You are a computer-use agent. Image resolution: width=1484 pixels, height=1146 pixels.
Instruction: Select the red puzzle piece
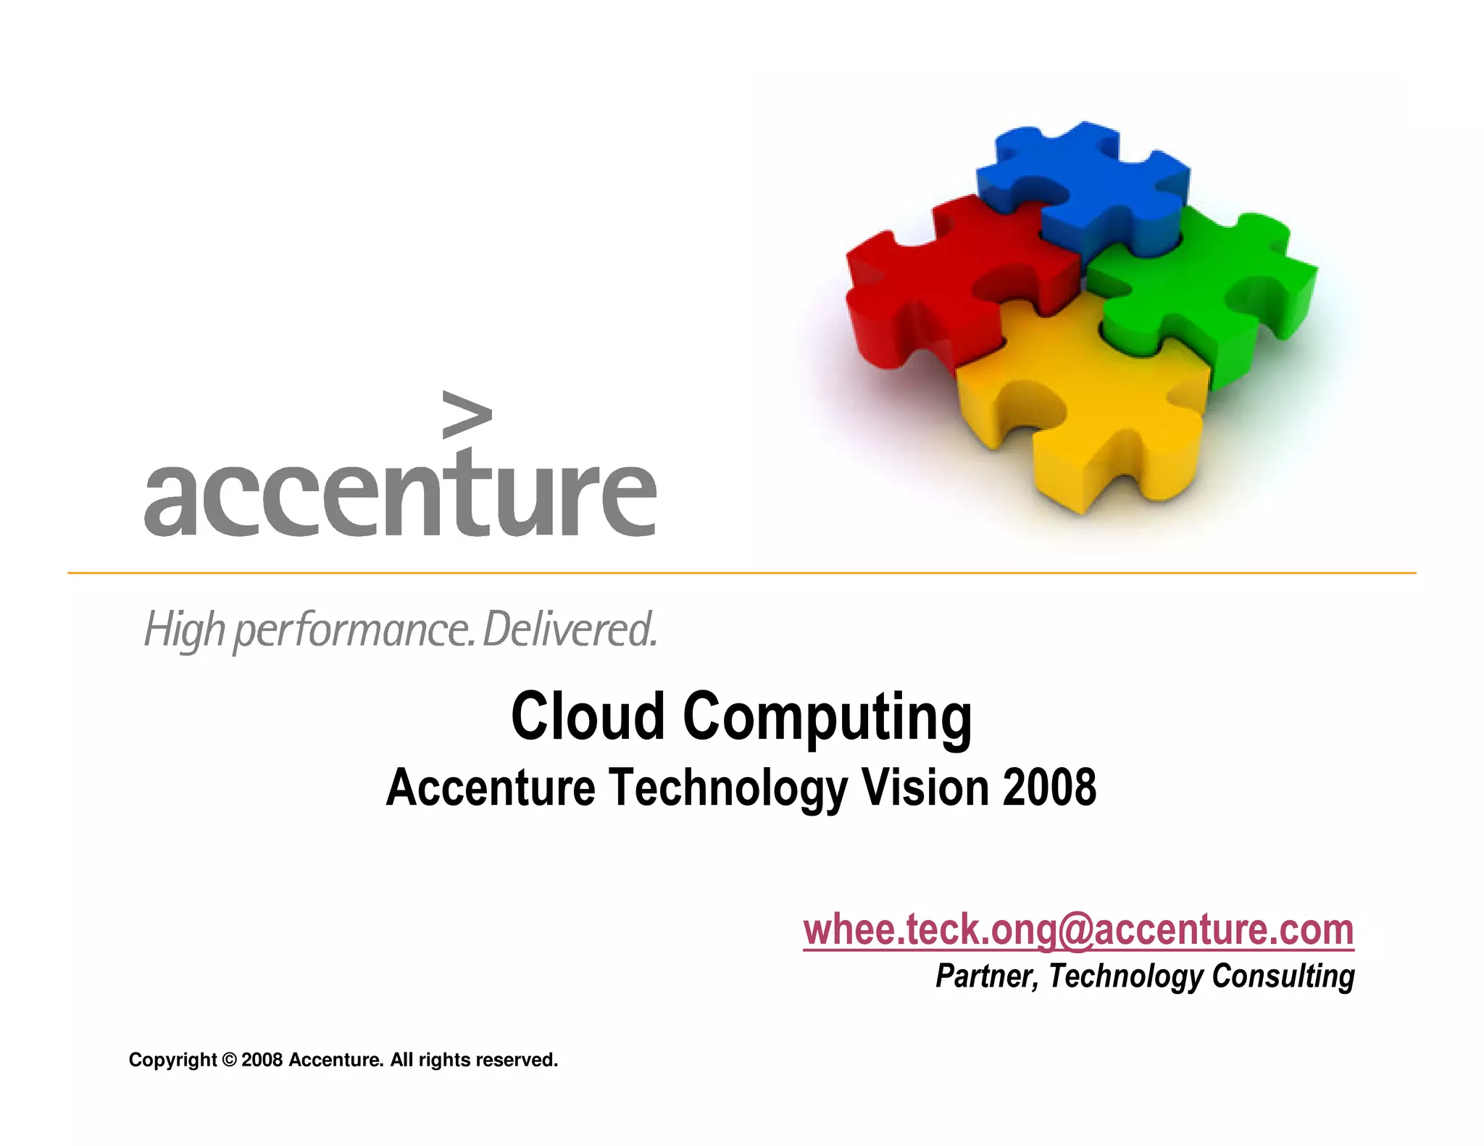click(935, 275)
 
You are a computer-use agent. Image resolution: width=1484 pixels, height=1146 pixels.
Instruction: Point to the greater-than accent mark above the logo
click(466, 414)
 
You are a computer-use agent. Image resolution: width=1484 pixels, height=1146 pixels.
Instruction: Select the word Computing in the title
click(827, 717)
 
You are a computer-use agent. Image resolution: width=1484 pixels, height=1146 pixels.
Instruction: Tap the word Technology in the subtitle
click(728, 788)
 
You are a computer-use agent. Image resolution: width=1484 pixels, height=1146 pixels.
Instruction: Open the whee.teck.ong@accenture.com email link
click(1078, 929)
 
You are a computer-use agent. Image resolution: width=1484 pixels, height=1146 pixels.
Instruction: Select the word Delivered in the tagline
click(570, 630)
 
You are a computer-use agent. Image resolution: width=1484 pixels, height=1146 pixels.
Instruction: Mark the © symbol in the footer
click(229, 1060)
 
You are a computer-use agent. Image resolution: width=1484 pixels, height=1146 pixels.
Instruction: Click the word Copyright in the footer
click(172, 1060)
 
